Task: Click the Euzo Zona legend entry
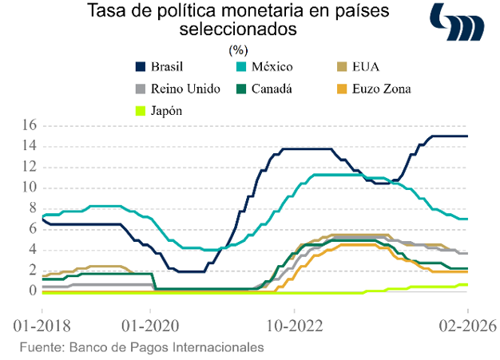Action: [x=379, y=89]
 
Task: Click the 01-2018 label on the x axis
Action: [x=40, y=326]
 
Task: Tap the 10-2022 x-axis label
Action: [x=294, y=326]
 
